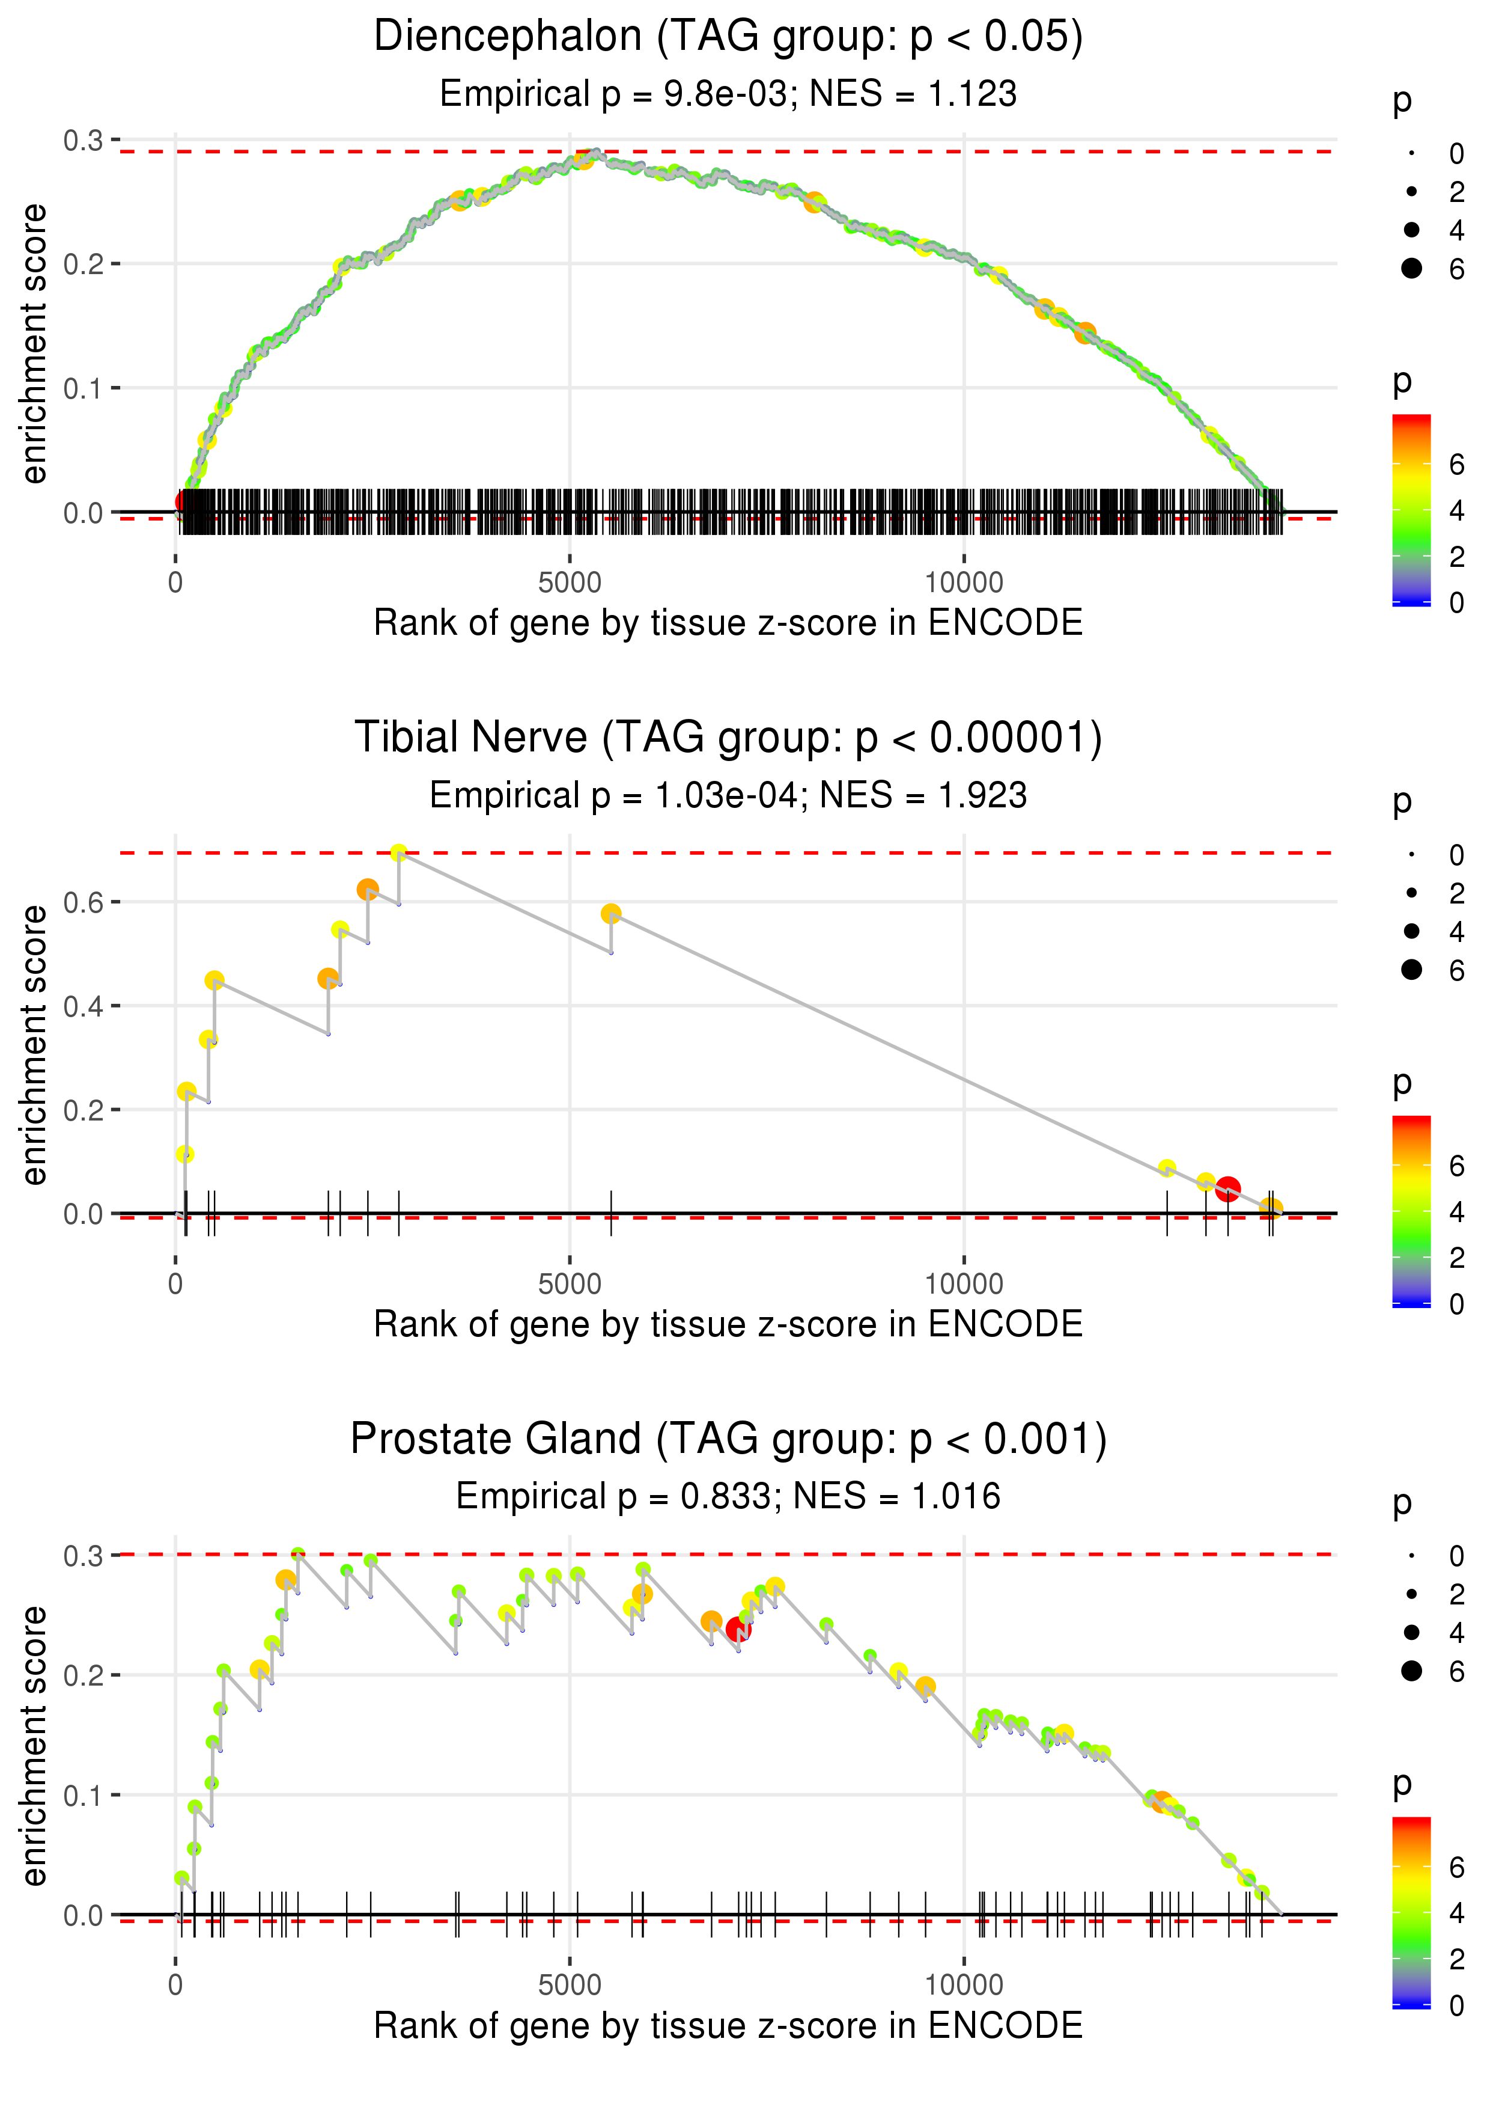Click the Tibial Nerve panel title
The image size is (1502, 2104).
click(728, 738)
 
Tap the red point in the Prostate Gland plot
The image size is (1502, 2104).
click(738, 1629)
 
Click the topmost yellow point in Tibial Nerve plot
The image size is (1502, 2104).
click(398, 852)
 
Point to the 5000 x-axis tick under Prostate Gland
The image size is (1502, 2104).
click(570, 1984)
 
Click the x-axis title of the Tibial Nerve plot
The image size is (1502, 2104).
click(728, 1324)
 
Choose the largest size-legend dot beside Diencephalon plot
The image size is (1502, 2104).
click(1411, 268)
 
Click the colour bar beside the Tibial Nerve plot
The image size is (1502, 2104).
click(1411, 1210)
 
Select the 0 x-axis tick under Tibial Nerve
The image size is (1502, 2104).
click(175, 1283)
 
